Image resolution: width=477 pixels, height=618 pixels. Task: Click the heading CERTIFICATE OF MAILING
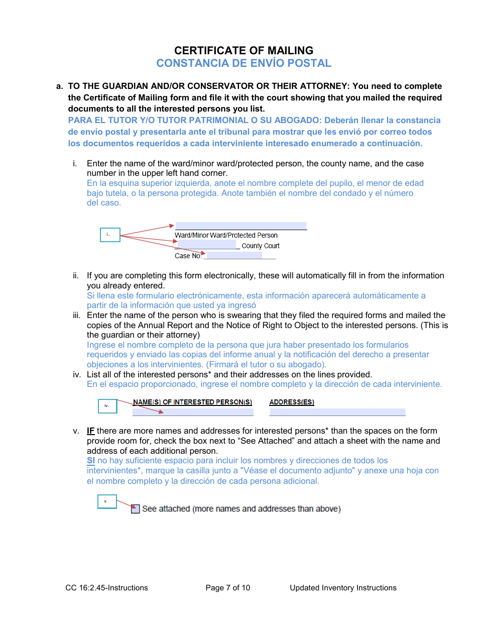tap(244, 50)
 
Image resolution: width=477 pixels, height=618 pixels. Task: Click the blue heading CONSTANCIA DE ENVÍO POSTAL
tap(244, 63)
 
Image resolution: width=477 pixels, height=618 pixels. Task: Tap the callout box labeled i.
tap(110, 235)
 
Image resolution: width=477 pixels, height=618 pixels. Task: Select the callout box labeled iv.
tap(107, 406)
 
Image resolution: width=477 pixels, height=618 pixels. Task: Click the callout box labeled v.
tap(106, 501)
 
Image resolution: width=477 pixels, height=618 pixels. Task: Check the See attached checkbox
tap(135, 509)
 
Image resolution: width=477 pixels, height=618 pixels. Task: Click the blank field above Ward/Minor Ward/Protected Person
tap(241, 226)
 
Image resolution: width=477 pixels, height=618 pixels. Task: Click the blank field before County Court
tap(206, 245)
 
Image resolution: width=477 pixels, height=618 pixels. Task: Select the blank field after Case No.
tap(234, 256)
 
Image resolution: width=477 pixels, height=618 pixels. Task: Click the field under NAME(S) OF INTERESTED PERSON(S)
tap(193, 412)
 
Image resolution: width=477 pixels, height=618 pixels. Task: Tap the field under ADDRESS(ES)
tap(337, 412)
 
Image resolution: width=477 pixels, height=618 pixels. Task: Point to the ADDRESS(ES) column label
tap(292, 402)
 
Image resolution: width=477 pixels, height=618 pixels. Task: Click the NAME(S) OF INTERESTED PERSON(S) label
tap(192, 402)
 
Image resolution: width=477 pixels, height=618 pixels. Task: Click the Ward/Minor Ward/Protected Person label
tap(226, 235)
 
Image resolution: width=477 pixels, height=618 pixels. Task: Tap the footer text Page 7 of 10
tap(227, 588)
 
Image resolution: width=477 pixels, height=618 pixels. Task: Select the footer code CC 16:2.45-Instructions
tap(106, 588)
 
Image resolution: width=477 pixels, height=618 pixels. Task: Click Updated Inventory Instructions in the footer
tap(343, 588)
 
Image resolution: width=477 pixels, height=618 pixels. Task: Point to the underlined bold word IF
tap(91, 431)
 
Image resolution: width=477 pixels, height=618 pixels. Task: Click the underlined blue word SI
tap(91, 461)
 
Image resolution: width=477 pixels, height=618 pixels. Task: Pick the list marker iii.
tap(76, 316)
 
